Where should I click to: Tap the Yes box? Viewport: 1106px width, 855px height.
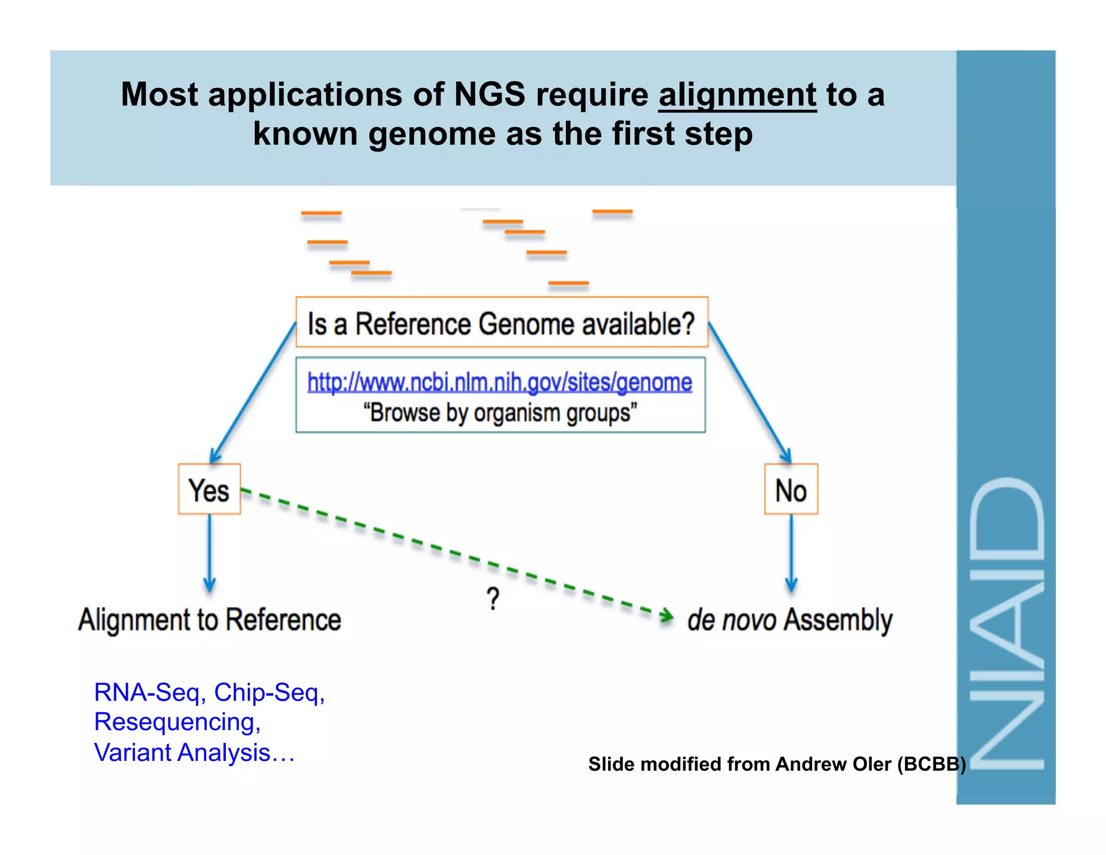(x=209, y=489)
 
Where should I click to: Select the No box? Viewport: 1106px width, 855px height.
(x=791, y=490)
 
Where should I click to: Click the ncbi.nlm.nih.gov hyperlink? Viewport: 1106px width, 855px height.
(x=500, y=382)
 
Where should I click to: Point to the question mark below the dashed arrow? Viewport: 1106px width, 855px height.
(x=493, y=599)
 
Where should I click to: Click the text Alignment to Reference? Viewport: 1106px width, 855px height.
(x=210, y=619)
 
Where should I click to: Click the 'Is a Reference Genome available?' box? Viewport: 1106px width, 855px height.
(x=501, y=323)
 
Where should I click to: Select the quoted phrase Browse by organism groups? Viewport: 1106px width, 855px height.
(x=500, y=413)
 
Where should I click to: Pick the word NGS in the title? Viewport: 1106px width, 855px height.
(x=489, y=95)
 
